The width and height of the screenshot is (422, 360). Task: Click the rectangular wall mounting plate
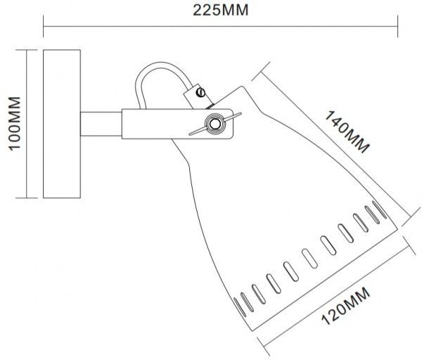(x=62, y=124)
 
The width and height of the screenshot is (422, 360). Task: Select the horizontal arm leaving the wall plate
(x=102, y=124)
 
